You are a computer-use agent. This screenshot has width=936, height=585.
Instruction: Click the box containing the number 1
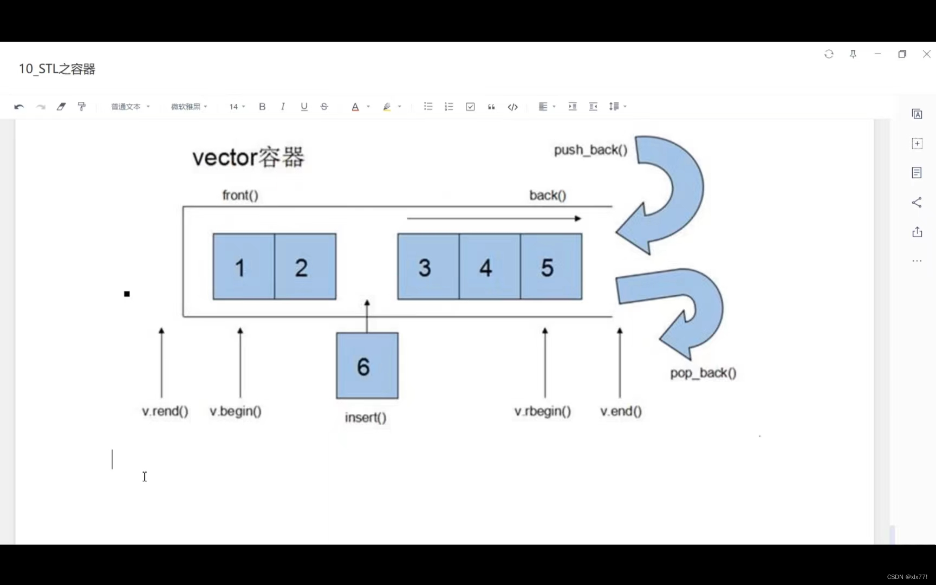244,266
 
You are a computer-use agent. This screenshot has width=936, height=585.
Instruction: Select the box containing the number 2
305,266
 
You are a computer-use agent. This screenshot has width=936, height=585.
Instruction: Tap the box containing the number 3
428,266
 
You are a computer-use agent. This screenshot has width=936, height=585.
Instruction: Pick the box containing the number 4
490,266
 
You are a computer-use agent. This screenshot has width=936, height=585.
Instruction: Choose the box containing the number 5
551,266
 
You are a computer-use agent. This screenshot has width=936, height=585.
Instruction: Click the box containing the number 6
367,366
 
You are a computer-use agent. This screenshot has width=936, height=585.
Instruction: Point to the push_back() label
590,150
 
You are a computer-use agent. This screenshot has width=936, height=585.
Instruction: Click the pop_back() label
703,373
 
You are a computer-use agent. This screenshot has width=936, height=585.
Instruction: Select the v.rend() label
165,411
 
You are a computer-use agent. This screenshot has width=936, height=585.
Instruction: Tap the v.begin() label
236,411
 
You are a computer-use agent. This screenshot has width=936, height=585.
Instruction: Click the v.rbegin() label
543,411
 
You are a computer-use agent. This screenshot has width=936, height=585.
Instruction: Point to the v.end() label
621,411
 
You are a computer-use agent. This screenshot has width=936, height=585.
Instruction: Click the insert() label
366,418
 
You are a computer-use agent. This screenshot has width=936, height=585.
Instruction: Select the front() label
240,195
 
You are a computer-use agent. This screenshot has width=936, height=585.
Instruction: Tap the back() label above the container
548,195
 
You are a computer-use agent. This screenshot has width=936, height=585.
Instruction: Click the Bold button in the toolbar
262,107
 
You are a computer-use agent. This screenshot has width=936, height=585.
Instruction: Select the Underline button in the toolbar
304,107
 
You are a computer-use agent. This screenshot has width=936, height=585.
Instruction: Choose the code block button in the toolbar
512,107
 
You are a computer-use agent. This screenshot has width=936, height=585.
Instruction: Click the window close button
926,54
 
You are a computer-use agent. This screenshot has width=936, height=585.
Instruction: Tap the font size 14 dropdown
237,107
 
